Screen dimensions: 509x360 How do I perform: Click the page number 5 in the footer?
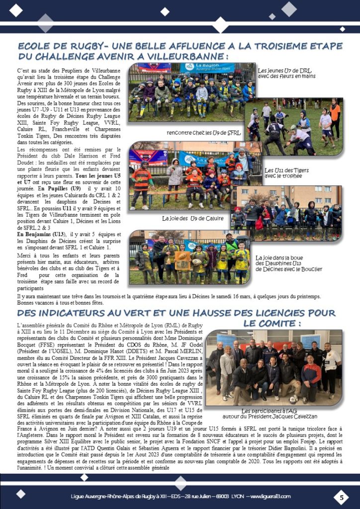[x=342, y=497]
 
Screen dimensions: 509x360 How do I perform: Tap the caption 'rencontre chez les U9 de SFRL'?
[x=204, y=133]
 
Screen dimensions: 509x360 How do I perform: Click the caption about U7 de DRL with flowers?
[x=286, y=73]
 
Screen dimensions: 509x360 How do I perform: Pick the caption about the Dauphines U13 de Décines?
[x=288, y=263]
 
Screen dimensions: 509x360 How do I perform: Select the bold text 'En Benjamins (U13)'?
[x=39, y=234]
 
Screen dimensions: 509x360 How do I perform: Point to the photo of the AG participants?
[x=273, y=368]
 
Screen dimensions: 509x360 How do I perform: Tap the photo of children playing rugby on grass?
[x=293, y=126]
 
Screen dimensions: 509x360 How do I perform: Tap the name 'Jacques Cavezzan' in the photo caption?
[x=294, y=417]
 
